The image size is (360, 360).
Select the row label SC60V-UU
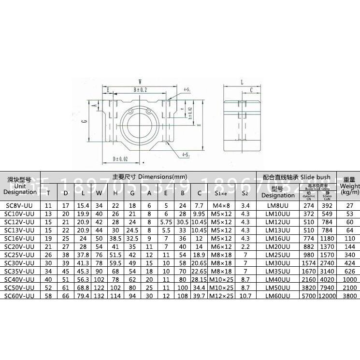tap(20, 296)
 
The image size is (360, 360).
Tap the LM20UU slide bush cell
tap(277, 246)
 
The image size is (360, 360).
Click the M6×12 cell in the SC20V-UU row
tap(220, 246)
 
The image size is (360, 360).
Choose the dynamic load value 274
tap(308, 205)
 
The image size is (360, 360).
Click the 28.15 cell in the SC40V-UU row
tap(199, 279)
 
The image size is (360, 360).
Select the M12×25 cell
tap(220, 296)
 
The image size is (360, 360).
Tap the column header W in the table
tap(99, 193)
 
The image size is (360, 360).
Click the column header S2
tap(245, 193)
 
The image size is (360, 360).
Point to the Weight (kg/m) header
tap(349, 186)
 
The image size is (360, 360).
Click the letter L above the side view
tap(241, 82)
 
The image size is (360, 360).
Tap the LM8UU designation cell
tap(277, 205)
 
